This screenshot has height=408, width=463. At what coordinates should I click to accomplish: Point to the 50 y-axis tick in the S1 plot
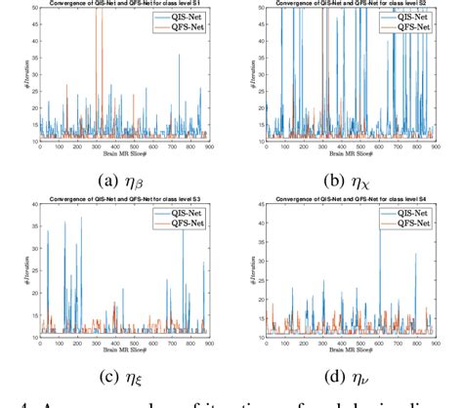tap(33, 8)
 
